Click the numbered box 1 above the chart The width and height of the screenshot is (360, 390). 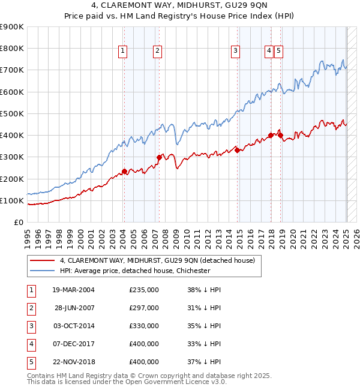pyautogui.click(x=122, y=52)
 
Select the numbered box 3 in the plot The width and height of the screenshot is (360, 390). pyautogui.click(x=236, y=52)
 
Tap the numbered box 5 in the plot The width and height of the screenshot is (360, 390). pyautogui.click(x=280, y=52)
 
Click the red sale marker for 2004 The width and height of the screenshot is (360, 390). pyautogui.click(x=124, y=171)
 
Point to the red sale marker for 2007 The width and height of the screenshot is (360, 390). pyautogui.click(x=159, y=157)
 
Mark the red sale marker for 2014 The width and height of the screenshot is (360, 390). pyautogui.click(x=237, y=150)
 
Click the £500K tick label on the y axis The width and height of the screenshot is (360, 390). pyautogui.click(x=11, y=113)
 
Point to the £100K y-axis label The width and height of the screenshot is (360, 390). pyautogui.click(x=11, y=200)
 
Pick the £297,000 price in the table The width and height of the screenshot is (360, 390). pyautogui.click(x=144, y=308)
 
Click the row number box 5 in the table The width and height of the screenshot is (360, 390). pyautogui.click(x=31, y=362)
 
